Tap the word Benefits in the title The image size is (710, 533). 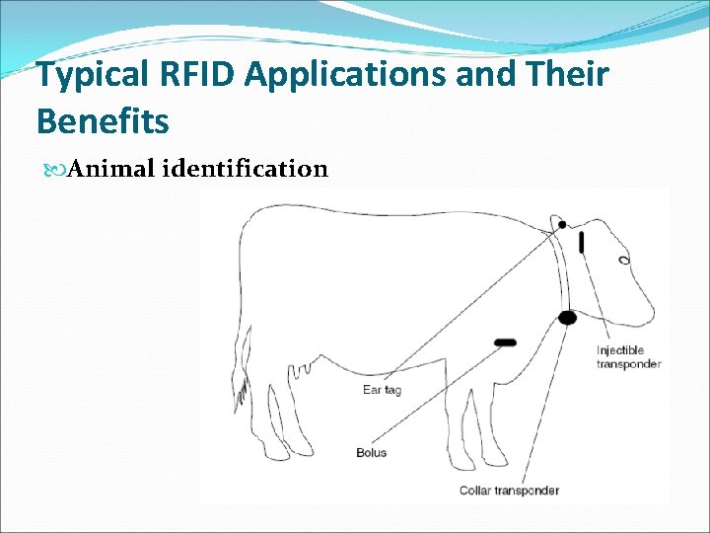(103, 121)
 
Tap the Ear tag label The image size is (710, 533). (383, 390)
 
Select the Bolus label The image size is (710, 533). (371, 453)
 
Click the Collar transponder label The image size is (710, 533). (509, 491)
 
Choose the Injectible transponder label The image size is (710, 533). (628, 357)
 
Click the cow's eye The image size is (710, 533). (623, 261)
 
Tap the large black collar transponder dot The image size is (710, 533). (567, 318)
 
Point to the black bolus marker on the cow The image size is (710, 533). (505, 343)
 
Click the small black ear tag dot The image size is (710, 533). (562, 225)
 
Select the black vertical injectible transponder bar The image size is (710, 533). (582, 241)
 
